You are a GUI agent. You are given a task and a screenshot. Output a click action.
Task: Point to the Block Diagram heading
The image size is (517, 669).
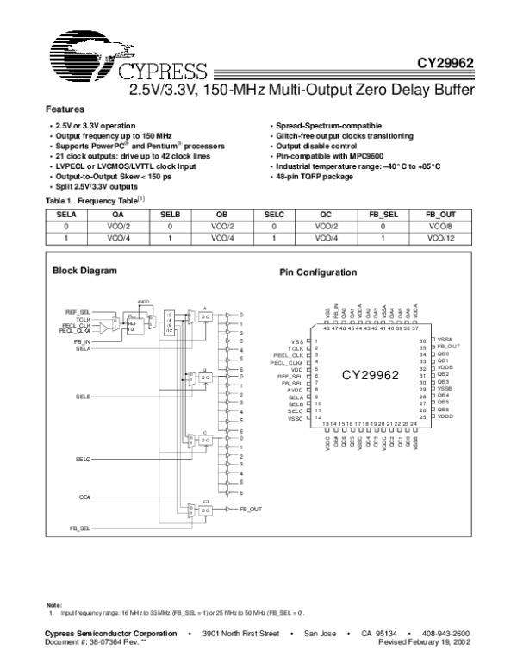point(85,271)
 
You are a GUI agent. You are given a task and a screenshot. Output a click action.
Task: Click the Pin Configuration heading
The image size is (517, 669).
point(318,272)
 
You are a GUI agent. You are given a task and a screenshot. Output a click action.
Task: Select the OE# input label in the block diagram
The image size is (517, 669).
point(85,497)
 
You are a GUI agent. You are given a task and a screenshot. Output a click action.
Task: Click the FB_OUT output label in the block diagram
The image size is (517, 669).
point(250,510)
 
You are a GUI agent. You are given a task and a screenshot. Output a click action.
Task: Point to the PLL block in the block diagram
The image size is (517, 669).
point(132,326)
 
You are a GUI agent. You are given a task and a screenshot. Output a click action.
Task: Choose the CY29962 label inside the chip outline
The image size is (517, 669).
point(371,376)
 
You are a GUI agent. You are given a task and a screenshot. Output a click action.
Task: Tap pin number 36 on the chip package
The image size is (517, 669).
point(423,341)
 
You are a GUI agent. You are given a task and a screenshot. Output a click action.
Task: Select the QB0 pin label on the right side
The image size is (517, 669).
point(443,354)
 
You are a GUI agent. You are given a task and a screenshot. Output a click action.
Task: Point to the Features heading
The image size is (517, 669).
point(65,109)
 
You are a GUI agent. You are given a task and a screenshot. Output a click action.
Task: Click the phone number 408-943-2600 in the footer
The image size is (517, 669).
point(446,633)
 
